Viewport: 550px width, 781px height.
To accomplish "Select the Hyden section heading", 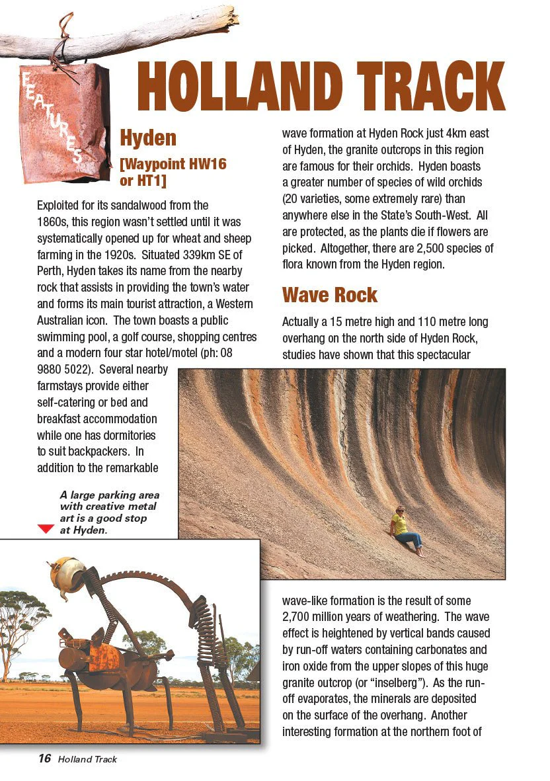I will point(147,138).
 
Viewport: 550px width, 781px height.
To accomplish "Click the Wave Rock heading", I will point(329,295).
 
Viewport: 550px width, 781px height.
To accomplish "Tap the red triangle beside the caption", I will point(46,529).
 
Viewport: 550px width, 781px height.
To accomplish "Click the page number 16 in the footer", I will point(44,759).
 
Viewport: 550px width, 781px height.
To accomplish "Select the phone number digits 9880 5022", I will point(66,370).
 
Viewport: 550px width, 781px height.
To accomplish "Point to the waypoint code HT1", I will point(151,181).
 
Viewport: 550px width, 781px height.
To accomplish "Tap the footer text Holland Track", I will point(87,759).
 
